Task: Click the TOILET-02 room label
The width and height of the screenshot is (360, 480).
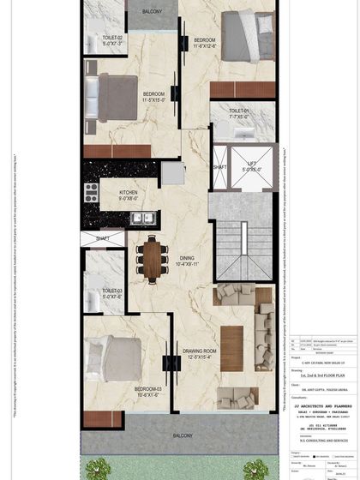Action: pyautogui.click(x=113, y=40)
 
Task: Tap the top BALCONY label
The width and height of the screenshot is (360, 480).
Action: pyautogui.click(x=153, y=11)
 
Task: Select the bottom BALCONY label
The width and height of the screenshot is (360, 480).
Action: pyautogui.click(x=182, y=435)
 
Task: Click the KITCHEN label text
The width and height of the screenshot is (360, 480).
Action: pyautogui.click(x=129, y=194)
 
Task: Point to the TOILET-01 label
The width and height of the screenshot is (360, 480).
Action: pyautogui.click(x=239, y=111)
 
